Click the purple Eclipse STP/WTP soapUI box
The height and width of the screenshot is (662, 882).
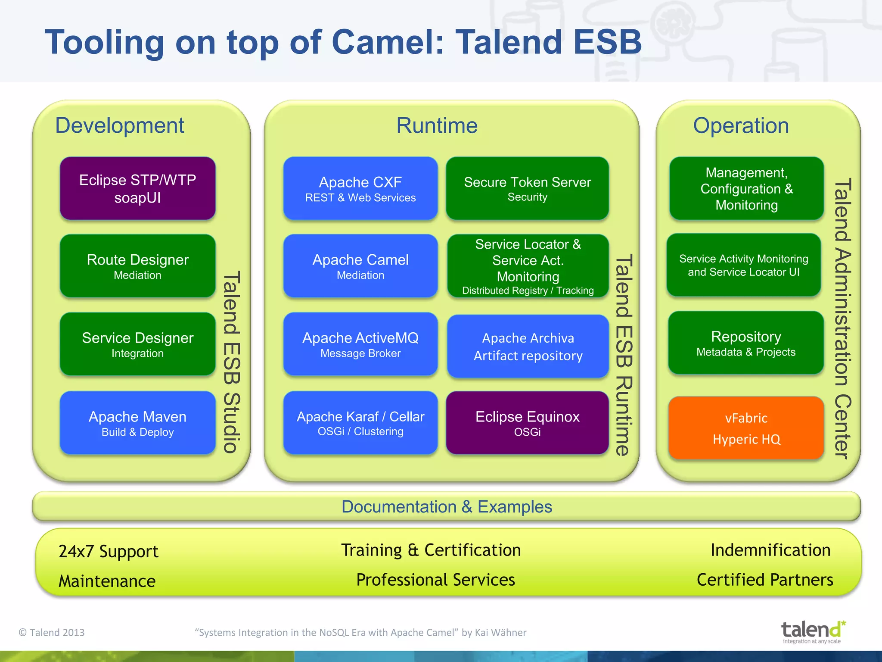(x=137, y=188)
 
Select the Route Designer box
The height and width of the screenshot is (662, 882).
(x=137, y=266)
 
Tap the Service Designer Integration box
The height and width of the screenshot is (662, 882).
(x=137, y=344)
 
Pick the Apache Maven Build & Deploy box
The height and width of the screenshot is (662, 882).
(x=137, y=423)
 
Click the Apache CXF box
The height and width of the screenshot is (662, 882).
(x=360, y=188)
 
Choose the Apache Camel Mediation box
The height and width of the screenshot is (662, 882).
(x=360, y=266)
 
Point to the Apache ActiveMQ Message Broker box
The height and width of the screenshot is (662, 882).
(x=360, y=344)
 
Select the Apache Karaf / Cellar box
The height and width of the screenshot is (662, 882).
(x=360, y=423)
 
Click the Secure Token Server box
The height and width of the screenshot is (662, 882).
(x=527, y=188)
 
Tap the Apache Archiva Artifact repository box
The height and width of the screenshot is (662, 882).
(x=528, y=346)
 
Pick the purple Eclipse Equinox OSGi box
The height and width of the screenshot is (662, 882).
(x=527, y=423)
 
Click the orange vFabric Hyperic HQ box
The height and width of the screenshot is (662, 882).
(x=746, y=428)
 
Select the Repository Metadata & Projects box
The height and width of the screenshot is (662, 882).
(x=746, y=343)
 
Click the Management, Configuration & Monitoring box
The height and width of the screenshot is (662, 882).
(x=746, y=188)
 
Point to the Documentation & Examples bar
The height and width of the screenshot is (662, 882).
(x=447, y=506)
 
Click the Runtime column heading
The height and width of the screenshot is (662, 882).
(x=437, y=125)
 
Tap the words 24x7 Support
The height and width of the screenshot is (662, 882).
(x=109, y=551)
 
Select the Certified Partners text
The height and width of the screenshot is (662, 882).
(x=765, y=580)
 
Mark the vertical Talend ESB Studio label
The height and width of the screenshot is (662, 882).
(x=231, y=362)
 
